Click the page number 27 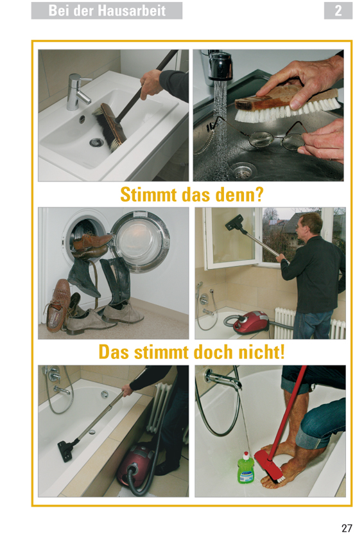[x=347, y=528]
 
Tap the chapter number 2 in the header [x=338, y=11]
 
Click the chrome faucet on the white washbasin [x=78, y=92]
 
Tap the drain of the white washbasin [x=96, y=142]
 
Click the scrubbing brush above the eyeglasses [x=287, y=103]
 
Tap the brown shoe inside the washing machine [x=92, y=243]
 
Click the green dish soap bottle [x=246, y=468]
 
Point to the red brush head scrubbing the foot [x=269, y=464]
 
